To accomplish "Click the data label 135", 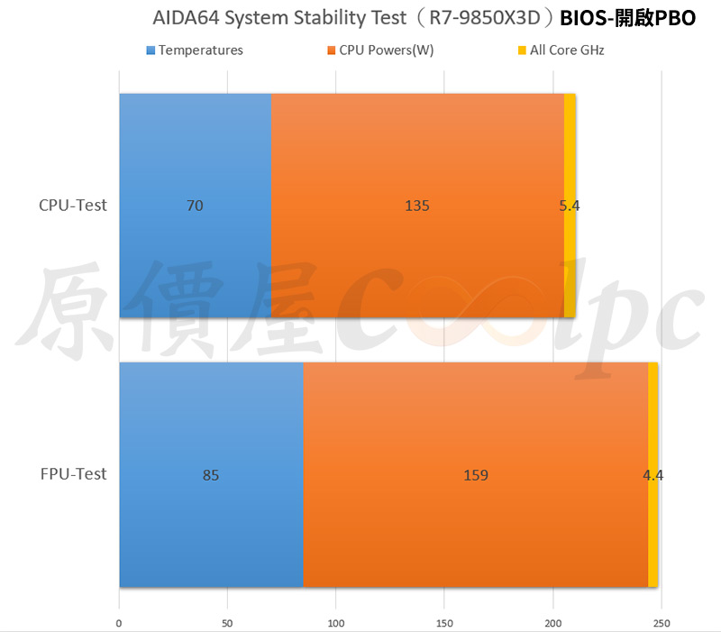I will click(x=417, y=206).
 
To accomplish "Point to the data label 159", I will click(x=476, y=475).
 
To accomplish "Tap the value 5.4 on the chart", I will click(x=570, y=206).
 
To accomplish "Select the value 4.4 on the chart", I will click(x=653, y=475).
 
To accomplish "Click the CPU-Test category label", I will click(x=73, y=206).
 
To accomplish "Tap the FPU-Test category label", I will click(x=73, y=474).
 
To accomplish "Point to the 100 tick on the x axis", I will click(x=336, y=622).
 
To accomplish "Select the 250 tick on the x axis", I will click(x=662, y=622).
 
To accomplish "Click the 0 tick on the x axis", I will click(x=119, y=622).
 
